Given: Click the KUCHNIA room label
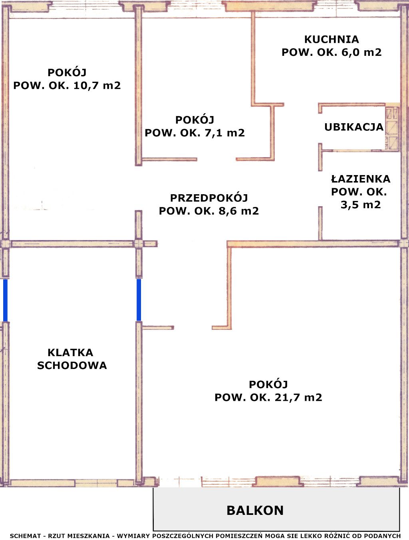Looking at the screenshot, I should [x=332, y=39].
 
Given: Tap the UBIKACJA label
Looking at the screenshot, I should [x=353, y=127].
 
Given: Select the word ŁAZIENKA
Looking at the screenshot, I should [x=360, y=179].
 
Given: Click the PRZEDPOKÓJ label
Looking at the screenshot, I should [x=209, y=198].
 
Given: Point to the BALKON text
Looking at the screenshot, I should [x=255, y=510].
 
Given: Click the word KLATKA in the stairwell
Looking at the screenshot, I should [x=70, y=353].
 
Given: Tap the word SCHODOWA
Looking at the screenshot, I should [x=72, y=365].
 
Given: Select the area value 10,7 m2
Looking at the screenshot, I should [x=97, y=85].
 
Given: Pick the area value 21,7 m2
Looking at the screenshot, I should [x=298, y=398].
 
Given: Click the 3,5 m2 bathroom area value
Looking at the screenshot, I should [x=360, y=205].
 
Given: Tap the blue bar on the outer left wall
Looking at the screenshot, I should [x=5, y=300].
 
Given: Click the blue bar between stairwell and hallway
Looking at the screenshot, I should [x=139, y=300].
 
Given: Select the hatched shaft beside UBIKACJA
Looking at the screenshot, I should [x=392, y=127].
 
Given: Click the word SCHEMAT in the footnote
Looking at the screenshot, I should [x=25, y=536].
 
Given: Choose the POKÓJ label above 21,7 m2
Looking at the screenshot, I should [x=268, y=384].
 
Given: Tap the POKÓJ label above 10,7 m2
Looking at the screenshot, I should [x=67, y=73].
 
